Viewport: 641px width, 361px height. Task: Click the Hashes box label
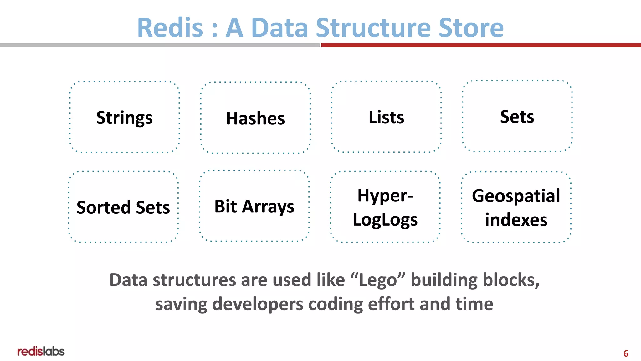[x=255, y=118]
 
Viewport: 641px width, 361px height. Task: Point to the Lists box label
[x=386, y=118]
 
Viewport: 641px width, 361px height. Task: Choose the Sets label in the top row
[x=517, y=117]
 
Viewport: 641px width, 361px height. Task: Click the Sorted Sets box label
[x=123, y=207]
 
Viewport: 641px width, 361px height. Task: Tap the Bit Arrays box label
[x=254, y=207]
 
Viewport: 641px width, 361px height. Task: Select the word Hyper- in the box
[x=385, y=196]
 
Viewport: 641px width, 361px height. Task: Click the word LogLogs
[x=385, y=220]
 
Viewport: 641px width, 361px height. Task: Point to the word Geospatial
[x=516, y=196]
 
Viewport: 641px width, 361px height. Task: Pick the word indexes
[x=516, y=220]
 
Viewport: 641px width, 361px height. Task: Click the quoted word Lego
[x=378, y=280]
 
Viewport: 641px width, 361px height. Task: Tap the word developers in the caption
[x=258, y=304]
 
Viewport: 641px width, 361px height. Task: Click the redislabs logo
[x=41, y=352]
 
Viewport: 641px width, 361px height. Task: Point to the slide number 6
[x=626, y=353]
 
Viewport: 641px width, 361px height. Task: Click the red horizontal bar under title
[x=481, y=45]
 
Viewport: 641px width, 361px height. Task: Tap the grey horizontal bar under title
[x=160, y=45]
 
